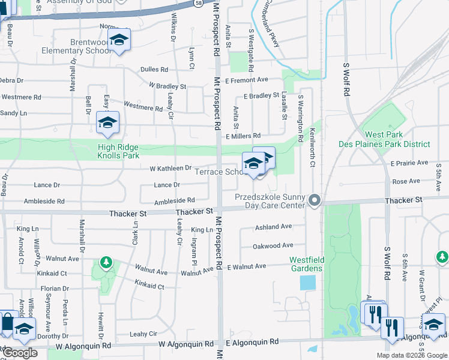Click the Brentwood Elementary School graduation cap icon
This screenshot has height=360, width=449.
[119, 40]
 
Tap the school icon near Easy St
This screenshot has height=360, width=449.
[107, 123]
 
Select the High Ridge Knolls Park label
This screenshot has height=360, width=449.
[118, 151]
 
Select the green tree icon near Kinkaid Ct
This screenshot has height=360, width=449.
[106, 262]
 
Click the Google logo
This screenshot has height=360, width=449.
[19, 353]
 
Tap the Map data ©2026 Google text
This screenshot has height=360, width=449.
[411, 355]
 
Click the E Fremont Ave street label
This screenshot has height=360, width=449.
[246, 80]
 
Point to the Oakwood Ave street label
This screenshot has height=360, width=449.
[273, 245]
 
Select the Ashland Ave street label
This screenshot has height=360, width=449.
[273, 227]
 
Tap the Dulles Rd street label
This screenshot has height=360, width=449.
[154, 70]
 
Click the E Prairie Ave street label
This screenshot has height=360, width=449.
[409, 163]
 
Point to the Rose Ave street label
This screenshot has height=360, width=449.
[406, 181]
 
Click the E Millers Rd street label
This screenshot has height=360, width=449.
[243, 136]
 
